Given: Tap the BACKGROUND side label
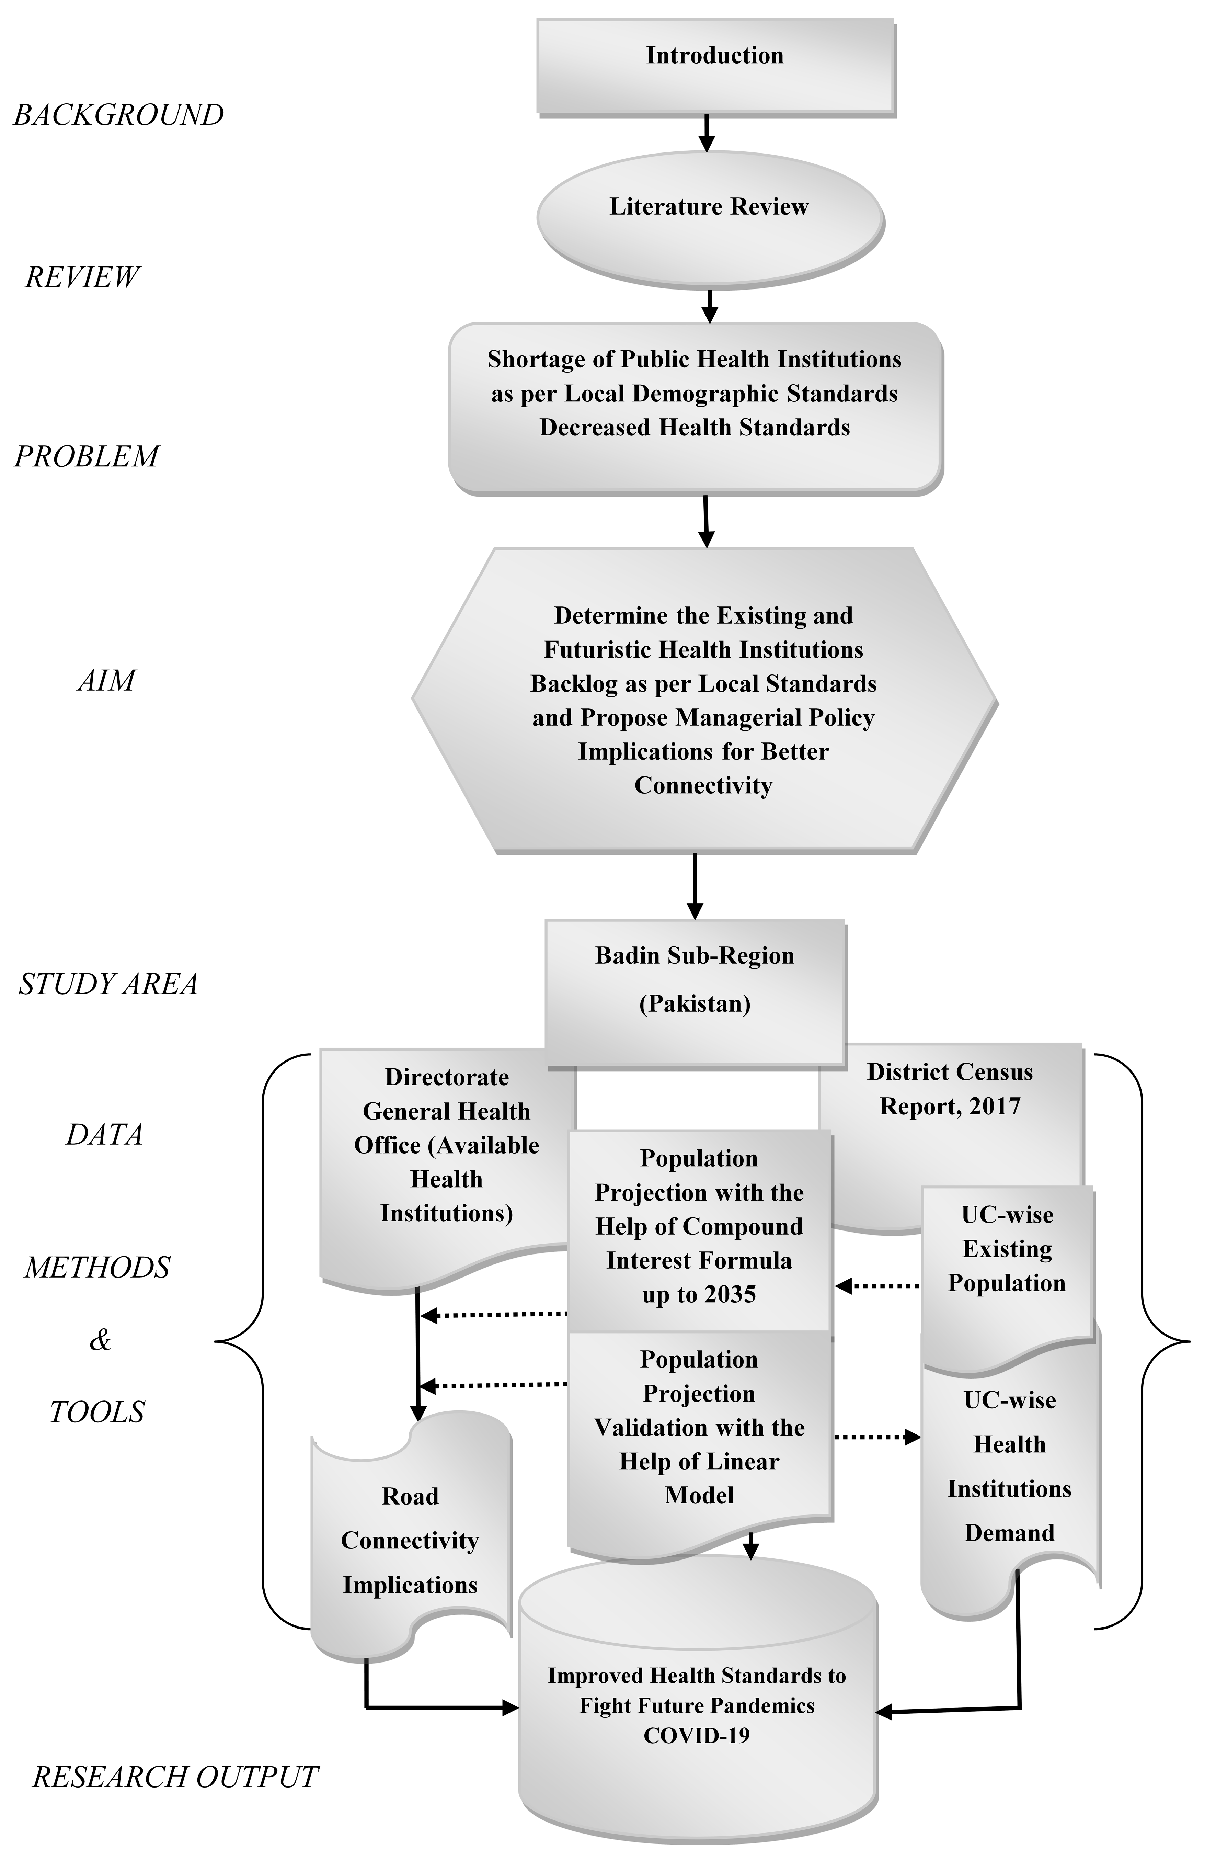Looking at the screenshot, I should point(119,115).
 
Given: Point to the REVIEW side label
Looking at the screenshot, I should point(82,277).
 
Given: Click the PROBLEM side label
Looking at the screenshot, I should point(87,456).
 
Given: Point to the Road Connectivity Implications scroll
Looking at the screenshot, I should point(410,1540).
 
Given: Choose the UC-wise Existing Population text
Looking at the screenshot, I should point(1007,1249).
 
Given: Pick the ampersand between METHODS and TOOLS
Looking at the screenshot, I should point(100,1340).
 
